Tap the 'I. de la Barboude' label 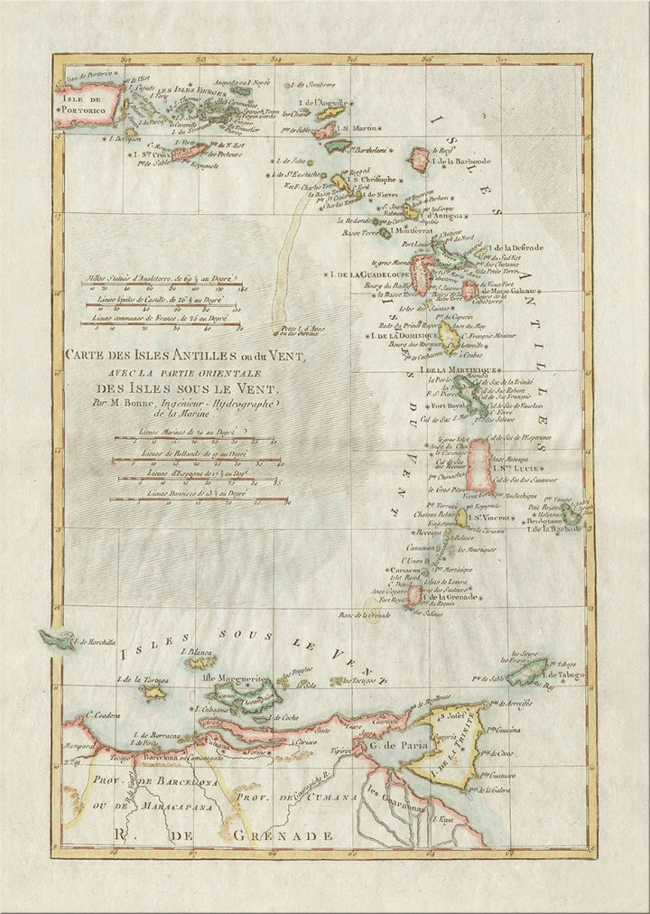click(x=462, y=162)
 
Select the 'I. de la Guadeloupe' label click(x=365, y=274)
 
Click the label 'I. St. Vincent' click(x=493, y=518)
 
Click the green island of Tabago click(x=526, y=672)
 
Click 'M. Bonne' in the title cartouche click(x=121, y=402)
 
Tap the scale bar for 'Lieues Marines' click(x=194, y=443)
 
